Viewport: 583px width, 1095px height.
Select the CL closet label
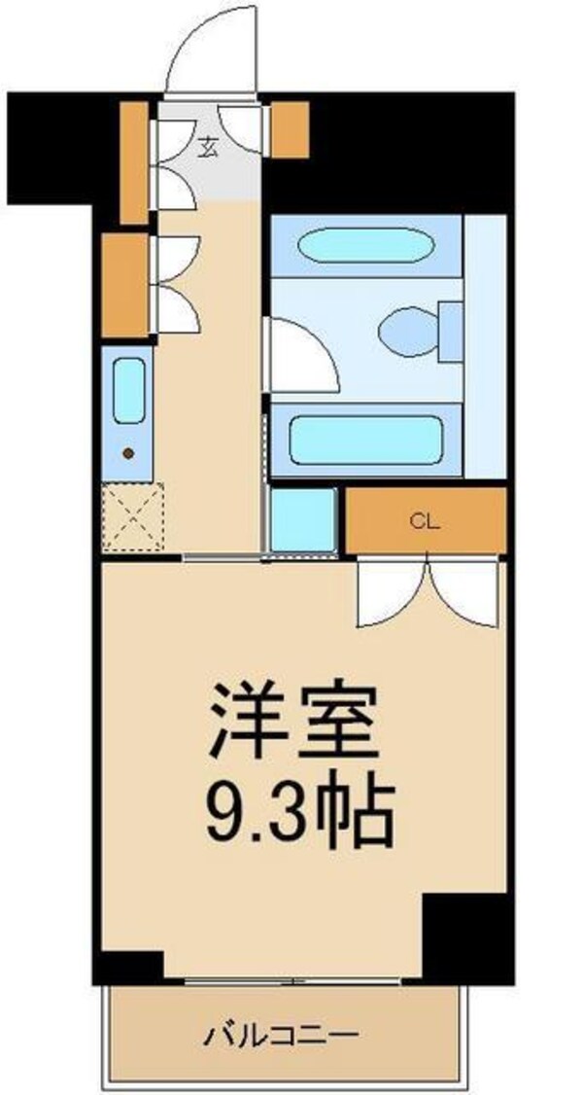click(x=425, y=520)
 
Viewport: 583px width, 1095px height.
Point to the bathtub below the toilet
click(x=366, y=441)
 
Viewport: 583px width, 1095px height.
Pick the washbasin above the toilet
click(x=363, y=245)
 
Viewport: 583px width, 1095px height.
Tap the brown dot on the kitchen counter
click(x=127, y=452)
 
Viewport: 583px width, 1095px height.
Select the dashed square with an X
click(x=132, y=516)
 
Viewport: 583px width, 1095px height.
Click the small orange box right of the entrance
click(x=290, y=129)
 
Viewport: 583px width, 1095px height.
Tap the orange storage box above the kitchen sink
click(x=124, y=284)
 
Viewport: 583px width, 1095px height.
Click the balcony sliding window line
click(x=291, y=980)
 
